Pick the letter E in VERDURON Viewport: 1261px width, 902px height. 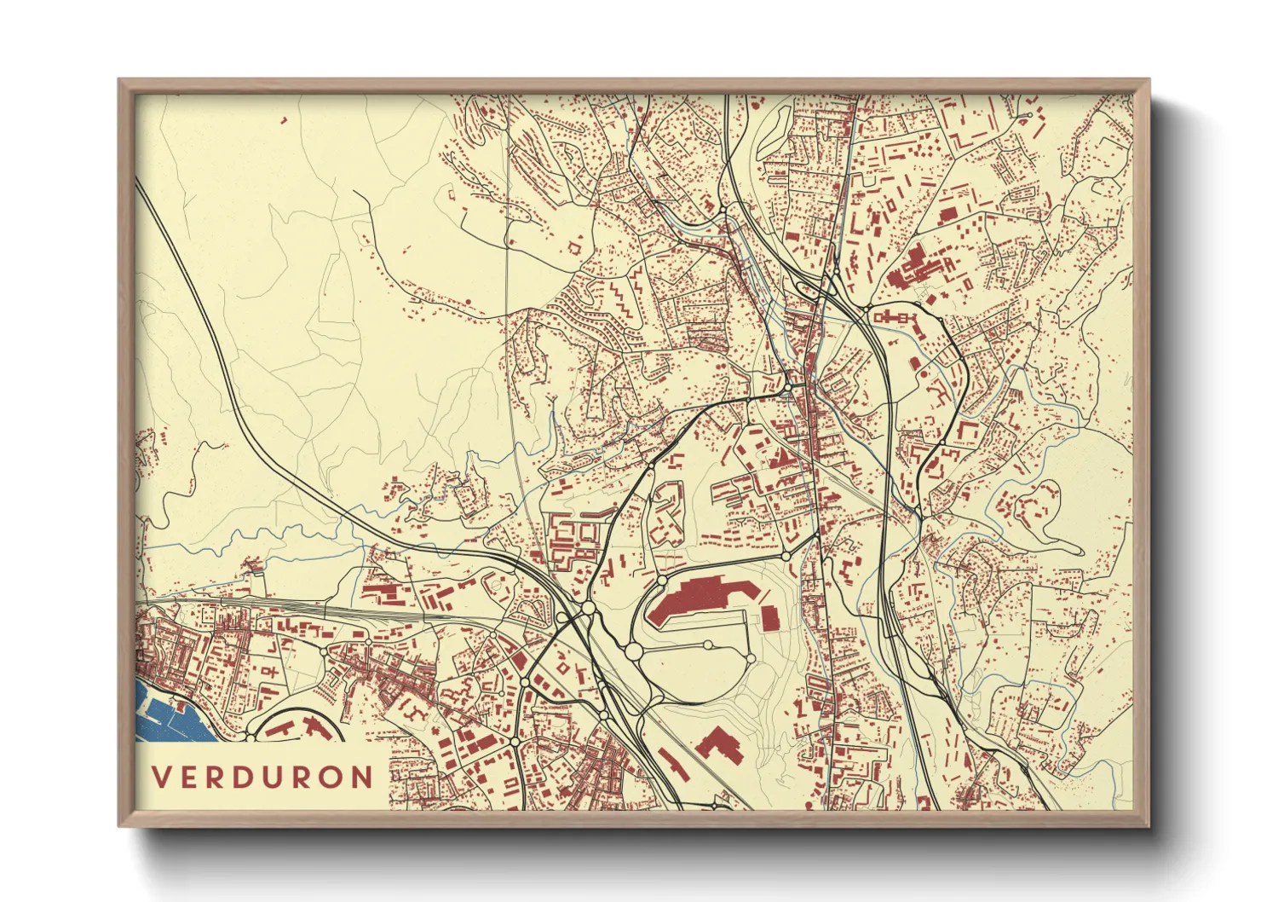[x=193, y=777]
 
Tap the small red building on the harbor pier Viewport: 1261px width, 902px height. [x=181, y=706]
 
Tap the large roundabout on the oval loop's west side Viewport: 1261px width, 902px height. [x=633, y=652]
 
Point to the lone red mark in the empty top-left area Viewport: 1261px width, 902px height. [x=284, y=121]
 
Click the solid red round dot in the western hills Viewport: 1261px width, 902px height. [x=468, y=302]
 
